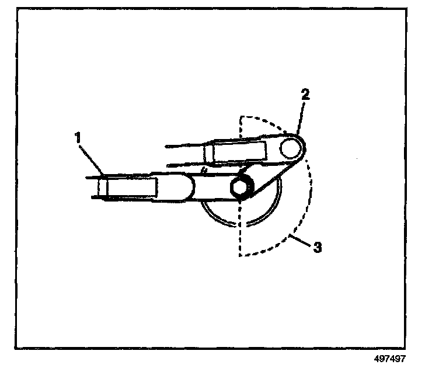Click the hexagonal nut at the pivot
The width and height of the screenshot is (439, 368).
240,187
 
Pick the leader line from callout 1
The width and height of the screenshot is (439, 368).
91,158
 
